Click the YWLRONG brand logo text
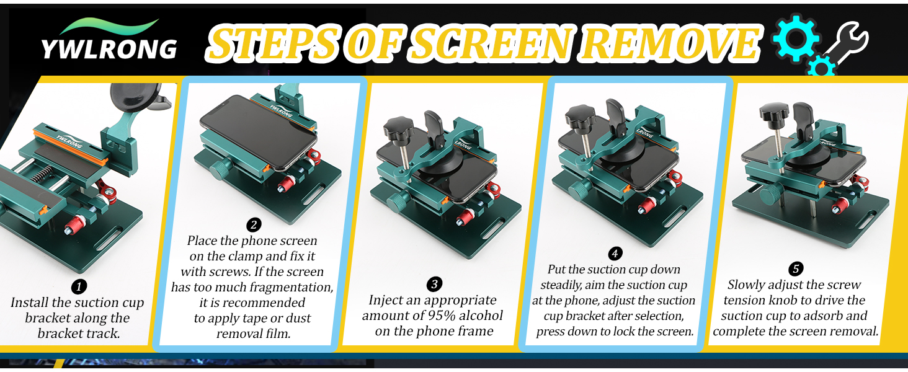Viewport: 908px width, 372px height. point(109,48)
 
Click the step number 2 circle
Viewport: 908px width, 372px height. point(253,224)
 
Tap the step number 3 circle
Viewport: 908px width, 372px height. point(435,285)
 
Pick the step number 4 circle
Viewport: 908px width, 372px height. point(615,254)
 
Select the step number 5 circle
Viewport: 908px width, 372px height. point(796,269)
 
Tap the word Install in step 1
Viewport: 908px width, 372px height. point(30,303)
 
